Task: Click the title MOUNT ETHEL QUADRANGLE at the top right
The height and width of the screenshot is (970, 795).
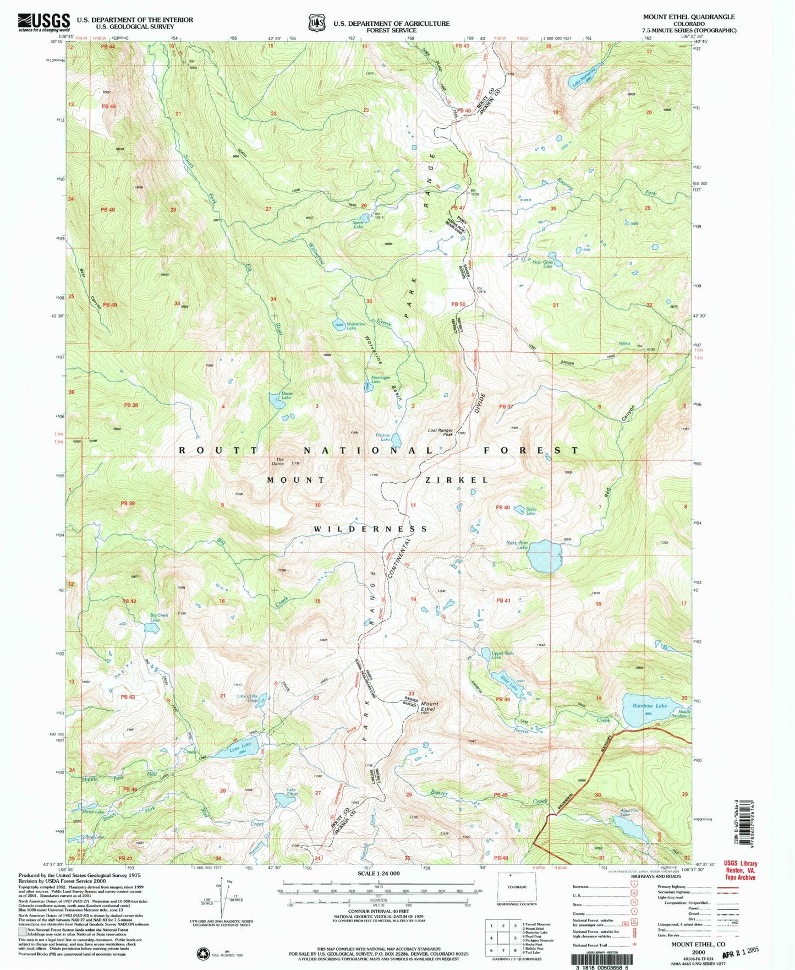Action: pyautogui.click(x=689, y=17)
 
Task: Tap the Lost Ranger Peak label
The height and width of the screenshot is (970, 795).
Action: pyautogui.click(x=441, y=432)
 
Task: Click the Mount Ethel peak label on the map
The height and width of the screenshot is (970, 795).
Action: pyautogui.click(x=430, y=706)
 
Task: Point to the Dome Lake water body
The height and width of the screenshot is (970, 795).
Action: pyautogui.click(x=276, y=400)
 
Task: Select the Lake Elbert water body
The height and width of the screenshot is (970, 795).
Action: pyautogui.click(x=286, y=800)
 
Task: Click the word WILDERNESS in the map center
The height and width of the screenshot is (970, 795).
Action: pyautogui.click(x=370, y=529)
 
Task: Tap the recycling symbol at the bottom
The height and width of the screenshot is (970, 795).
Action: pyautogui.click(x=204, y=953)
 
